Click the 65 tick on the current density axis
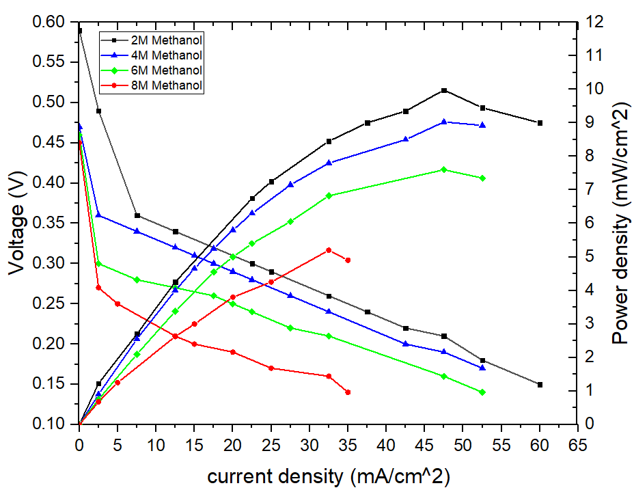point(578,444)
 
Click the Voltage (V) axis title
point(18,224)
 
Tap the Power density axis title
point(619,224)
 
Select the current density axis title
point(329,474)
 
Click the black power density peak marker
point(444,90)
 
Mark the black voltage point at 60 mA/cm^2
point(540,385)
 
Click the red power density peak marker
point(329,250)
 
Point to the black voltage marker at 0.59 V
point(80,31)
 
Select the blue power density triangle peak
point(444,122)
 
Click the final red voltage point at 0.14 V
point(348,392)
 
